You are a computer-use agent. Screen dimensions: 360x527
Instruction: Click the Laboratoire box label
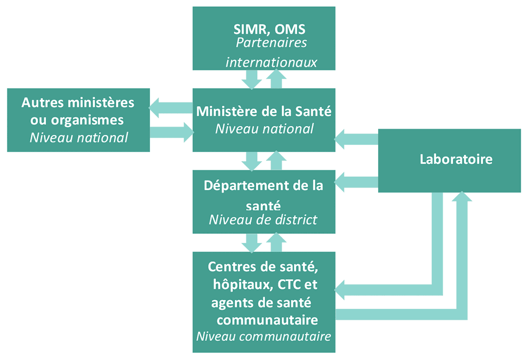(456, 159)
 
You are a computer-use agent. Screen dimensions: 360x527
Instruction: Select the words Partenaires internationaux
(271, 52)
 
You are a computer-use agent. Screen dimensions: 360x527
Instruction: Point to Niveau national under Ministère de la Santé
(264, 129)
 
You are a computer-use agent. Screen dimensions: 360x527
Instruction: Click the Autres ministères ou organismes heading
(78, 111)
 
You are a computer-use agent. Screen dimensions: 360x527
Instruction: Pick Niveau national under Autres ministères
(78, 138)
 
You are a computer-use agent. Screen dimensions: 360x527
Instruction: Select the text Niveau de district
(263, 220)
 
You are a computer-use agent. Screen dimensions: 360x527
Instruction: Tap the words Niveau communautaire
(263, 337)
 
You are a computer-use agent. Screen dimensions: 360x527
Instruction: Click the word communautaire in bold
(267, 320)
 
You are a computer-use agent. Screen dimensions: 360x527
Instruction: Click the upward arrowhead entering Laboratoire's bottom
(463, 199)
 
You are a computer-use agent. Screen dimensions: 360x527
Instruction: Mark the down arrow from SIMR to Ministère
(252, 79)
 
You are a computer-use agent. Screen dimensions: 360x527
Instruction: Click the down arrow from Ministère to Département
(252, 161)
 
